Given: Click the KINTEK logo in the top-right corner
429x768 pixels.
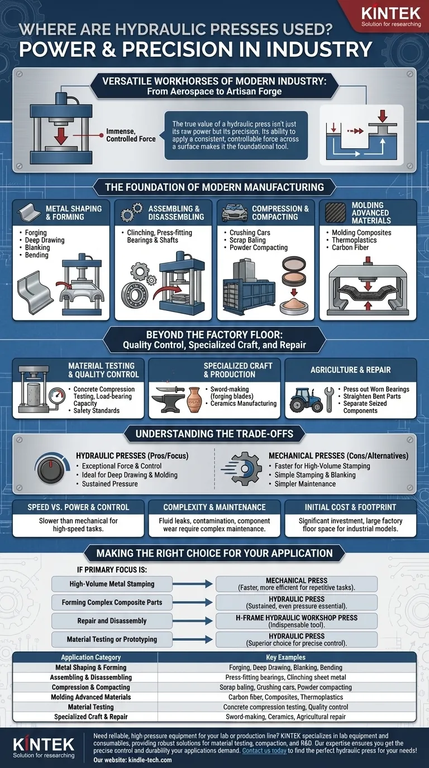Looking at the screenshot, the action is click(x=391, y=17).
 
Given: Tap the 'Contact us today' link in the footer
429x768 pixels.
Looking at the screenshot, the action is click(x=264, y=751).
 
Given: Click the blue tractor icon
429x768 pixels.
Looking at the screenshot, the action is click(x=306, y=400).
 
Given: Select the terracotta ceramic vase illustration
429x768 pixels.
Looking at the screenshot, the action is click(x=194, y=400).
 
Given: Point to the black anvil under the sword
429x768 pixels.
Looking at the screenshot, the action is click(x=169, y=404).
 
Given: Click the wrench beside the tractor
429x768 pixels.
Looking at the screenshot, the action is click(x=329, y=400).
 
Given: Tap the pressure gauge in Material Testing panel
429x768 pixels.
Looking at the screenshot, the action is click(x=57, y=397).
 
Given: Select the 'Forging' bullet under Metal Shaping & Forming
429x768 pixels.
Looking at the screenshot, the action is click(x=36, y=232).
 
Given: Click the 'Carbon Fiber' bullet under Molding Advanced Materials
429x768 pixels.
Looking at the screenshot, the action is click(x=350, y=248).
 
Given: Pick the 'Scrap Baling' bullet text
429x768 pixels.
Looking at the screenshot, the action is click(x=247, y=240).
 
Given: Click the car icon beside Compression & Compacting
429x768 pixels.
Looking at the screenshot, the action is click(x=235, y=213).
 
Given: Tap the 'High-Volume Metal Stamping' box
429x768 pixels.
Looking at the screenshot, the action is click(x=112, y=584).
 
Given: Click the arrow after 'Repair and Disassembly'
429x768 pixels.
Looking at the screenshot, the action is click(x=193, y=621).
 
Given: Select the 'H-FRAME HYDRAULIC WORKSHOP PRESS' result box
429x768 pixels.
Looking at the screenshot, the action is click(x=297, y=621).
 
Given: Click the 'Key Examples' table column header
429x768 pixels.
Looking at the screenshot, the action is click(x=285, y=657).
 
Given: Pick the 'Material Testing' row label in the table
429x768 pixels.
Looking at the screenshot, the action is click(x=90, y=707).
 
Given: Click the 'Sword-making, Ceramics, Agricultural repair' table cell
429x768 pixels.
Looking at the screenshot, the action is click(x=285, y=717).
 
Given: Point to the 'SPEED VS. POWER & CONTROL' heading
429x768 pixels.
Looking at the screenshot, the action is click(x=78, y=507).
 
